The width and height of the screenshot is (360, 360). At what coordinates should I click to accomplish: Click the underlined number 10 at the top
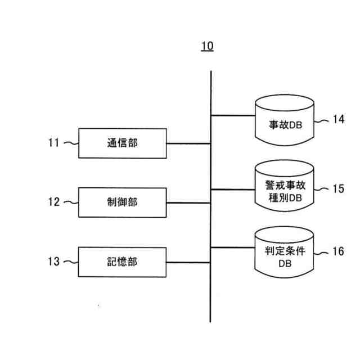pyautogui.click(x=208, y=46)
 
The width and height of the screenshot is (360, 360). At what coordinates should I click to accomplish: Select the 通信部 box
pyautogui.click(x=122, y=143)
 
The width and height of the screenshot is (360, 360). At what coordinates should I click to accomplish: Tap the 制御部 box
pyautogui.click(x=122, y=202)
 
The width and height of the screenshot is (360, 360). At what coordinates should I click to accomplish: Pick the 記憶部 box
pyautogui.click(x=122, y=262)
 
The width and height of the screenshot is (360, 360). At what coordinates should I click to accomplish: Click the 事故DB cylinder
pyautogui.click(x=284, y=121)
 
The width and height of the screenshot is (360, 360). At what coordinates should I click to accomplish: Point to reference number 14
pyautogui.click(x=337, y=119)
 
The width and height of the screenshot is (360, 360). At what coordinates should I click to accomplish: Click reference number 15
pyautogui.click(x=337, y=189)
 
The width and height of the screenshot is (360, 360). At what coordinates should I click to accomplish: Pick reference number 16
pyautogui.click(x=337, y=251)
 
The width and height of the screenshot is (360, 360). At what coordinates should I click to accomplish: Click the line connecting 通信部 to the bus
pyautogui.click(x=188, y=143)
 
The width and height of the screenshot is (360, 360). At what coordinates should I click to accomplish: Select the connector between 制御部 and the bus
pyautogui.click(x=188, y=202)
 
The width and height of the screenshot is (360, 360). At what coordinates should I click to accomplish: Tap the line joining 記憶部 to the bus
pyautogui.click(x=188, y=262)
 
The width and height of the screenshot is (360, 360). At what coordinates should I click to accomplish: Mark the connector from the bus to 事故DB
pyautogui.click(x=233, y=115)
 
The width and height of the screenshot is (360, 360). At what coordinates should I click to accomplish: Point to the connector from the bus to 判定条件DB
pyautogui.click(x=233, y=247)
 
